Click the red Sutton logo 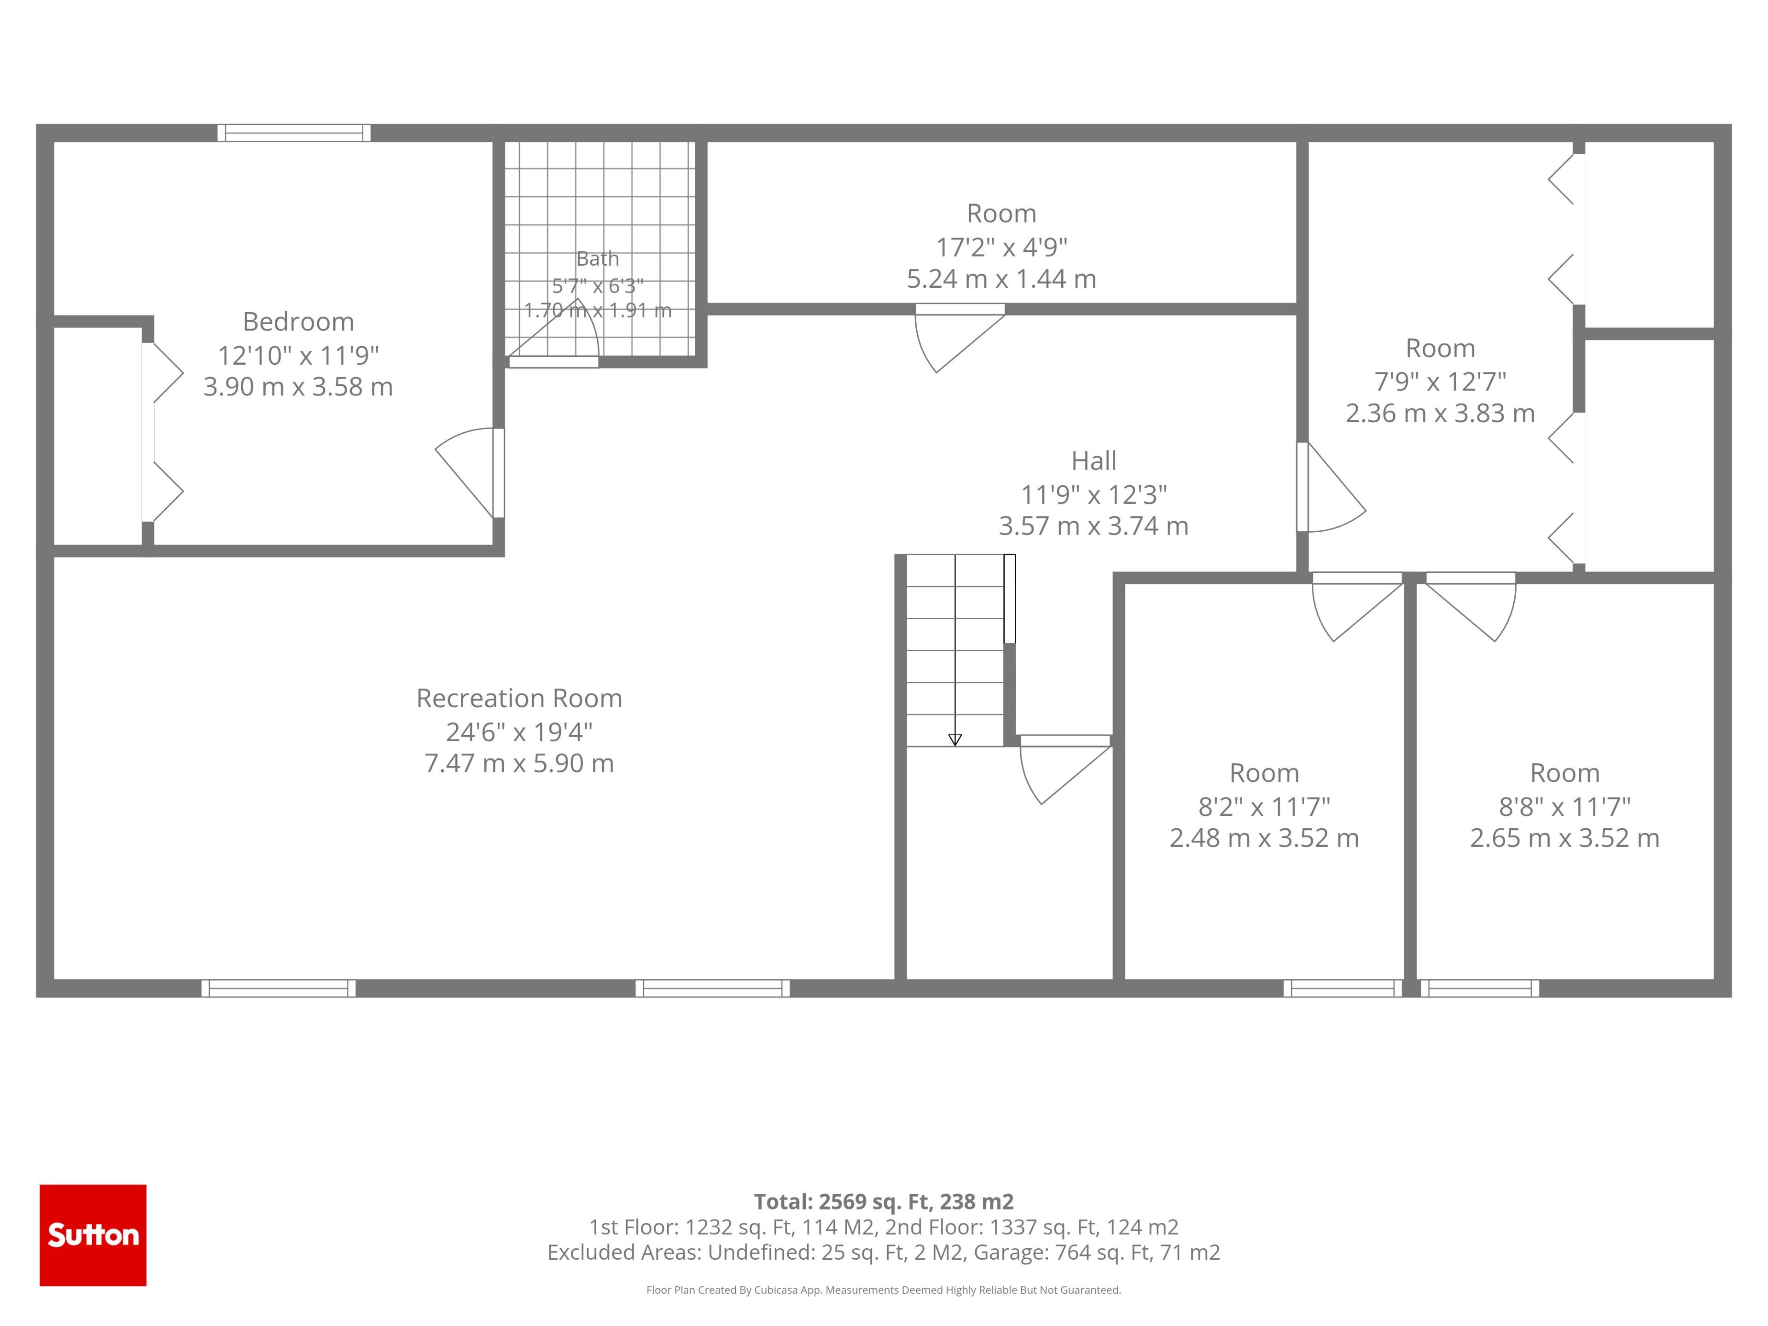93,1235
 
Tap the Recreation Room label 519,698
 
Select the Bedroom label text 298,321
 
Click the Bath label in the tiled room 598,258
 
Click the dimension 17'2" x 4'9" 1001,247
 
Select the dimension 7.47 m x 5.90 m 519,763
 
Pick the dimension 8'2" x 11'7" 1264,807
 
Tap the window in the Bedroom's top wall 294,133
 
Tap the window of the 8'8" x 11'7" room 1479,988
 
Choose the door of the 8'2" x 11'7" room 1358,607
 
